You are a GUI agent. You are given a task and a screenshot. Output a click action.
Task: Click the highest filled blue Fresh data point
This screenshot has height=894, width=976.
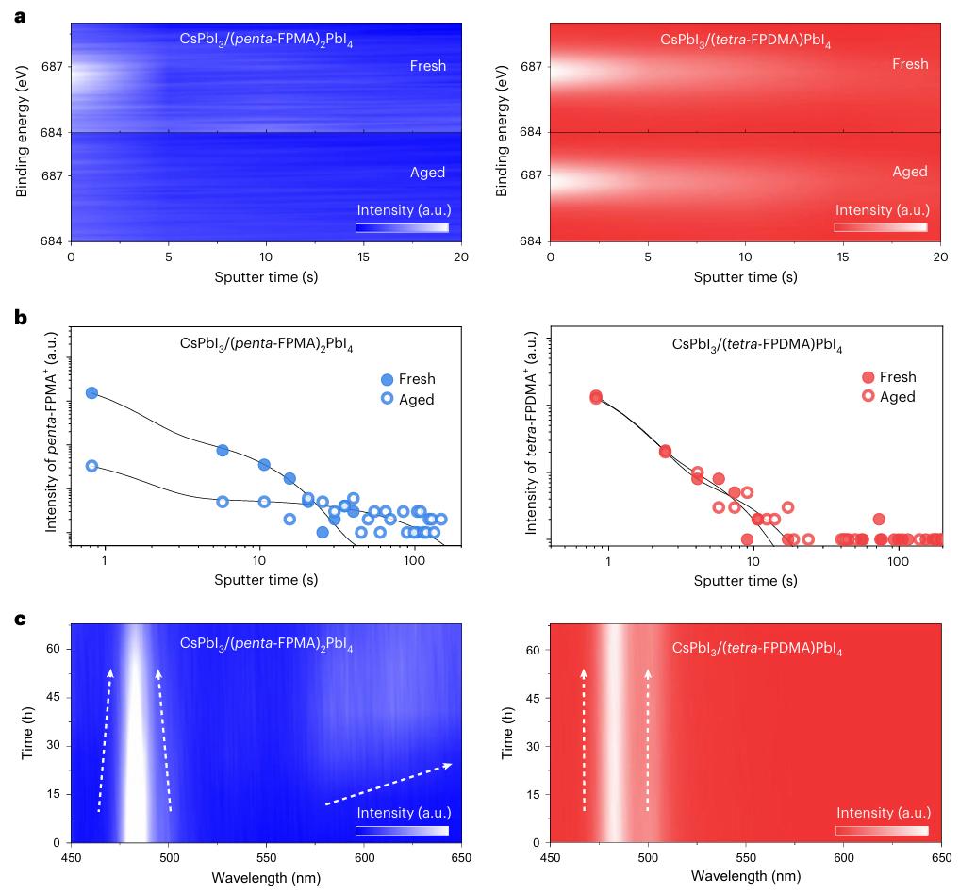tap(91, 392)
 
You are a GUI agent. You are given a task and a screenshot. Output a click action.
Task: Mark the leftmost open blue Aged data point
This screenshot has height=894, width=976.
tap(91, 466)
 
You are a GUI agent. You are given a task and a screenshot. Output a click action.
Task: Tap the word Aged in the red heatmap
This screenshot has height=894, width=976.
tap(909, 172)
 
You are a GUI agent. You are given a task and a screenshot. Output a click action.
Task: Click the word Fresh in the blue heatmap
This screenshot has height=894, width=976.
tap(427, 66)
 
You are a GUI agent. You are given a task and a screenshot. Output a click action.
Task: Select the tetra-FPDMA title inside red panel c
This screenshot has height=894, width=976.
tap(756, 649)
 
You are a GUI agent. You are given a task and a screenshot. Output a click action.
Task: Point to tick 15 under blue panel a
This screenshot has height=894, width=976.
tap(364, 257)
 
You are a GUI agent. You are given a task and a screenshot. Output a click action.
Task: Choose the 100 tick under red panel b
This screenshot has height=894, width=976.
tap(898, 561)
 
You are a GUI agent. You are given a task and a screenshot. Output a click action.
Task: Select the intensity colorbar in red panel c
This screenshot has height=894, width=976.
tap(881, 831)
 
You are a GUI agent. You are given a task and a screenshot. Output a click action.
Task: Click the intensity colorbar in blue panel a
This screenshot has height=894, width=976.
tap(402, 227)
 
